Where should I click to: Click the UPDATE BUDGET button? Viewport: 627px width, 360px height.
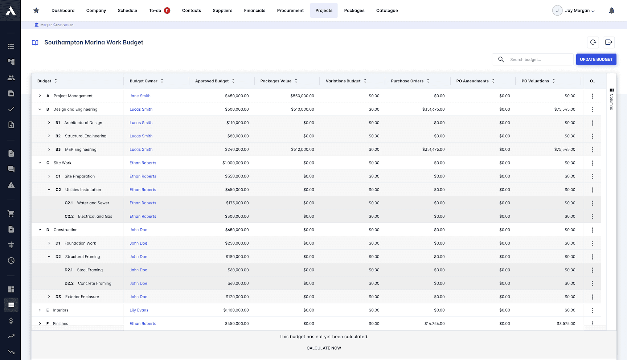596,60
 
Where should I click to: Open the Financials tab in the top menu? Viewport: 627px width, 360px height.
254,11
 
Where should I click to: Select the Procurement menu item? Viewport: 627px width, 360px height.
290,11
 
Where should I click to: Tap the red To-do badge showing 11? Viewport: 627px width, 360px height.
167,11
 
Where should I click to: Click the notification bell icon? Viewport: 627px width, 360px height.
611,11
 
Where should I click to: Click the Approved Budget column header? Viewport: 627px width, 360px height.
212,81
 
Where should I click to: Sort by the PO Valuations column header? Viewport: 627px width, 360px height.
535,81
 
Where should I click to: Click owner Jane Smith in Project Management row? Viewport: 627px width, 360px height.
140,96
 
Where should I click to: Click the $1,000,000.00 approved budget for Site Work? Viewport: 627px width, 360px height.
235,163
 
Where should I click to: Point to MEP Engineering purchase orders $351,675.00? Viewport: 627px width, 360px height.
433,150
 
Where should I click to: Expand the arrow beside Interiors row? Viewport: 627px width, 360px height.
40,310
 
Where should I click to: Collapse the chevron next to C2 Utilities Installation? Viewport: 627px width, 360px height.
49,190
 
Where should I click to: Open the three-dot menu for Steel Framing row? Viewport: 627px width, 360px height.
593,270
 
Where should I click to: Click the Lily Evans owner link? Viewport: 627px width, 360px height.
139,310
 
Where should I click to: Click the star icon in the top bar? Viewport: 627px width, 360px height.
36,11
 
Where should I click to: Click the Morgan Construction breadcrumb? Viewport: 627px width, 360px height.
57,25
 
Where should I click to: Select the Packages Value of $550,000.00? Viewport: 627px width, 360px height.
302,96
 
